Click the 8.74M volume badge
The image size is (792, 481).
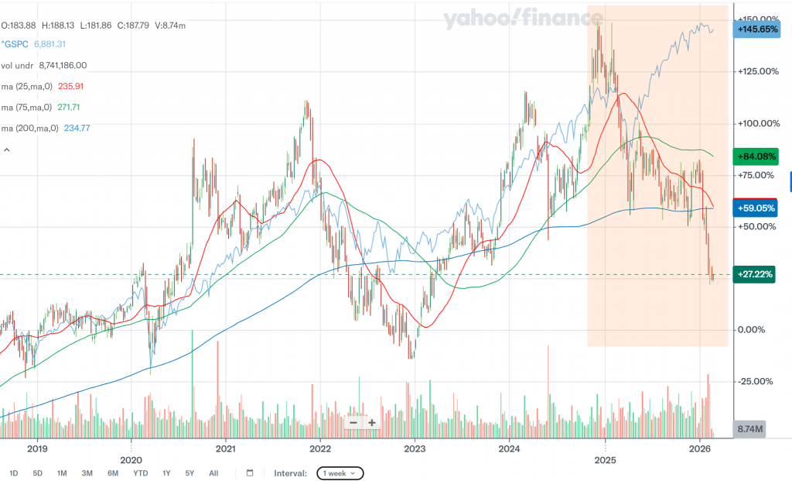click(x=749, y=428)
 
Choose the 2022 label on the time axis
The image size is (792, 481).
click(x=320, y=448)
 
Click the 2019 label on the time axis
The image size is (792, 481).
click(x=37, y=448)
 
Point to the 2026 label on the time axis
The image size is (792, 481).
click(x=699, y=448)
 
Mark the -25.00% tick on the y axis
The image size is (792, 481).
click(x=753, y=381)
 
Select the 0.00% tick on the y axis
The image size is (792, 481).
click(x=753, y=329)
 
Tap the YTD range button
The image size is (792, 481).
click(x=140, y=472)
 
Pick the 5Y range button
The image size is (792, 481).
click(x=189, y=472)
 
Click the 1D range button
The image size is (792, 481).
click(x=14, y=472)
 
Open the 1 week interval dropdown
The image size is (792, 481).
click(x=340, y=472)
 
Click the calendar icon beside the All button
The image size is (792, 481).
click(x=250, y=472)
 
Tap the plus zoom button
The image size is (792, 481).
click(x=372, y=422)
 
